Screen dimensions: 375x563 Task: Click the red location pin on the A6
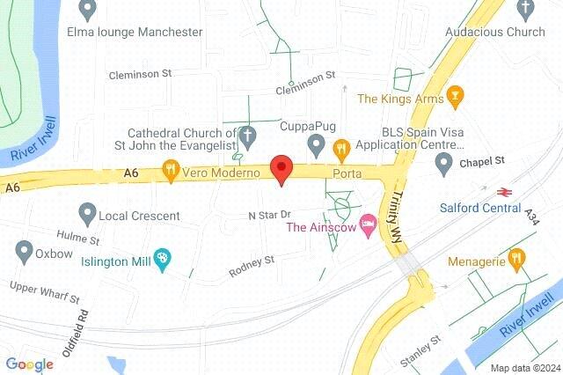click(x=281, y=167)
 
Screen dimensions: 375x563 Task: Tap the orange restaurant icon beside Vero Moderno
click(x=171, y=173)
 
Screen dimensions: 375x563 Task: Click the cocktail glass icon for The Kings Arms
click(x=455, y=97)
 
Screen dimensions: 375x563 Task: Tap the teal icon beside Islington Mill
click(x=162, y=257)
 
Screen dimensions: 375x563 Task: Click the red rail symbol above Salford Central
click(x=505, y=190)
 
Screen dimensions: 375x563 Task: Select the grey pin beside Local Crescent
click(x=86, y=213)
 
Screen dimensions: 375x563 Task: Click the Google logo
click(x=29, y=364)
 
